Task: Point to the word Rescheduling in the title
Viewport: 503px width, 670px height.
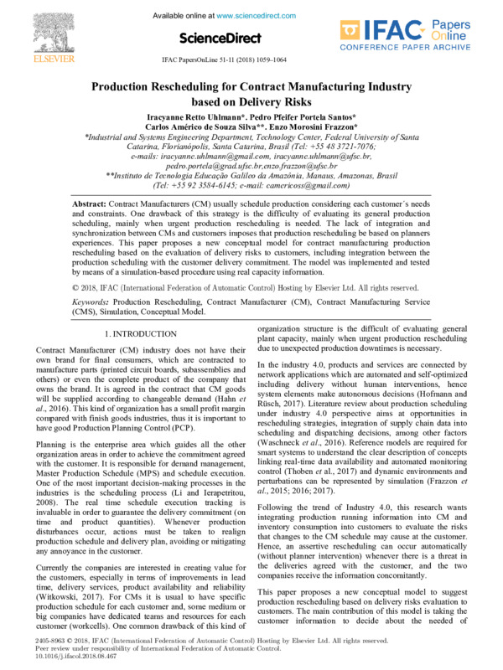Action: (x=198, y=86)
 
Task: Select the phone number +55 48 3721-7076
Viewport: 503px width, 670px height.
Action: (x=378, y=147)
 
